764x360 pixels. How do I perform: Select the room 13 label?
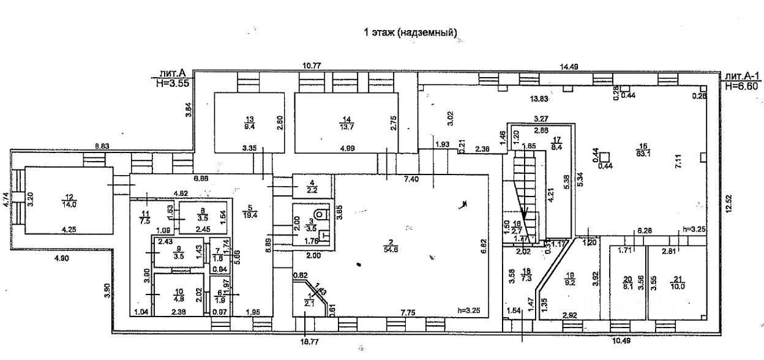tap(249, 122)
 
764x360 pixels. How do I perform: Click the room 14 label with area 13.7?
tap(347, 122)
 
